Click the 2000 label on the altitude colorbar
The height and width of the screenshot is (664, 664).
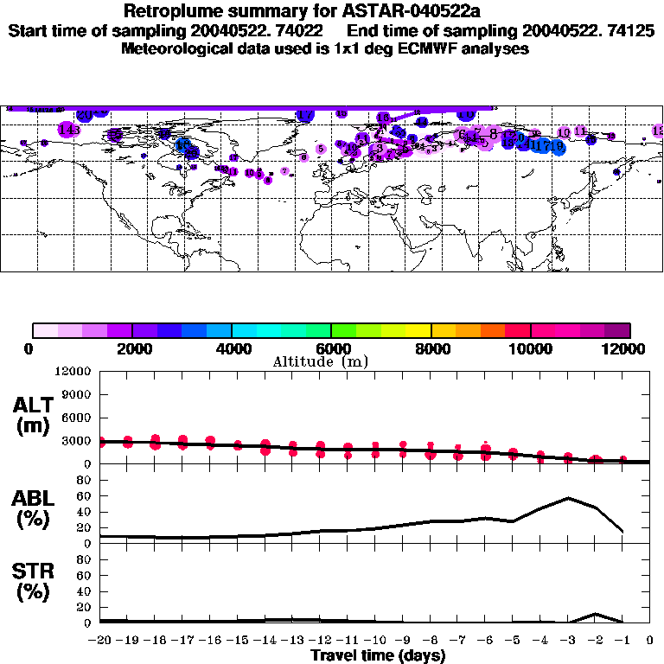132,348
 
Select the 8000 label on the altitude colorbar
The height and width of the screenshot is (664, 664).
431,348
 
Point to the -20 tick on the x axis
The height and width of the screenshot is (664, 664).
100,642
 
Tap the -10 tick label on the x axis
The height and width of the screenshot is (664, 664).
375,642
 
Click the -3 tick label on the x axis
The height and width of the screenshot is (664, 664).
568,642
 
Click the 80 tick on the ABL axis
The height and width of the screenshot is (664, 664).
85,480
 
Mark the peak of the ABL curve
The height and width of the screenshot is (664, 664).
568,498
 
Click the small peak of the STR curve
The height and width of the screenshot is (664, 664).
596,614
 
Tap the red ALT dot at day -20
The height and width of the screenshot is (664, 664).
101,442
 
